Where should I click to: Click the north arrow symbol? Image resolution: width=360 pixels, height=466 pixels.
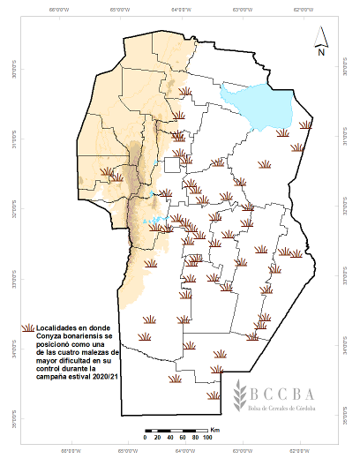323,35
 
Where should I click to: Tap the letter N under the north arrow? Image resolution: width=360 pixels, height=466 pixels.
323,52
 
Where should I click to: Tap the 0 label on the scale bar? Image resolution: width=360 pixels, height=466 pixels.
145,439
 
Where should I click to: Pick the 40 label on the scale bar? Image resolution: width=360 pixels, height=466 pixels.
169,439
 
